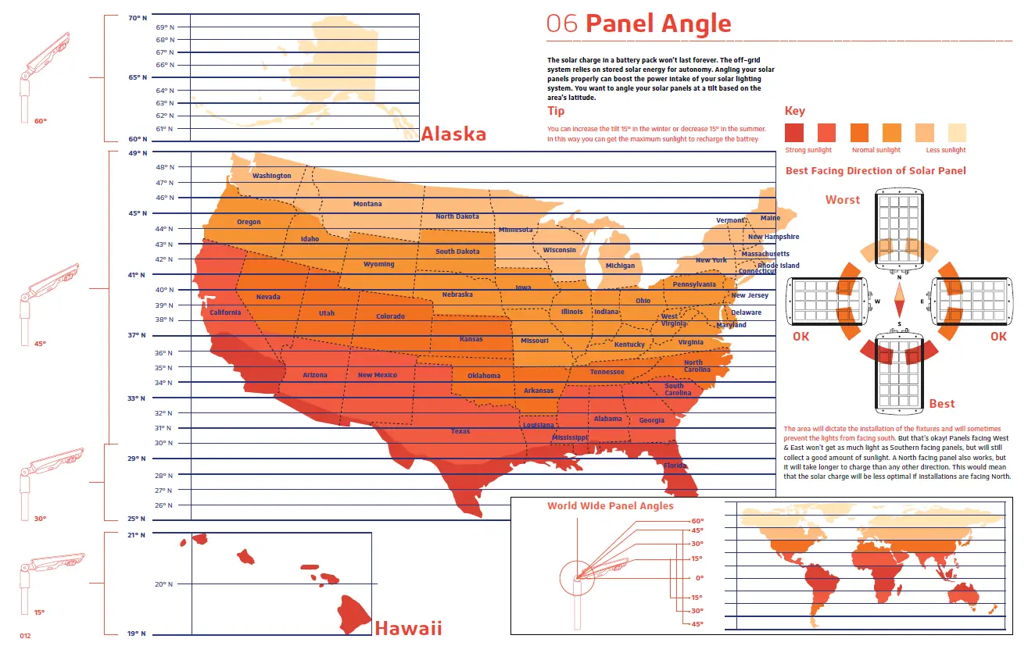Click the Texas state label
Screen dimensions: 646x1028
click(x=460, y=431)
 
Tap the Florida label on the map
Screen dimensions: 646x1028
click(x=675, y=466)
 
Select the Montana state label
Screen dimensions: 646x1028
click(x=367, y=204)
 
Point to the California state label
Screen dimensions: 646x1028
click(x=225, y=312)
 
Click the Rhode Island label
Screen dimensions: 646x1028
click(x=779, y=266)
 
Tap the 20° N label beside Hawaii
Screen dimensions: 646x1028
click(x=164, y=584)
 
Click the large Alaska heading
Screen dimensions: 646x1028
click(x=453, y=134)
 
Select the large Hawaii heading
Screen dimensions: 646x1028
click(x=408, y=628)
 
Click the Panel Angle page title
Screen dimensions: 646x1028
click(x=657, y=23)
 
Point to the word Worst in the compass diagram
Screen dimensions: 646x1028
click(x=842, y=200)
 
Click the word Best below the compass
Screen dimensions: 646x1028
click(x=941, y=404)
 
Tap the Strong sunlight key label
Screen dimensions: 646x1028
click(x=808, y=150)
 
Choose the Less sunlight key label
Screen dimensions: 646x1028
click(x=946, y=150)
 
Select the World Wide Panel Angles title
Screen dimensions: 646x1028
click(x=610, y=506)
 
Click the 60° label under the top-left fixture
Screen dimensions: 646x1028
click(x=41, y=121)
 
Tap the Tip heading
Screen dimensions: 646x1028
click(x=556, y=112)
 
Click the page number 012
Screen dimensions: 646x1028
click(x=25, y=636)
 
